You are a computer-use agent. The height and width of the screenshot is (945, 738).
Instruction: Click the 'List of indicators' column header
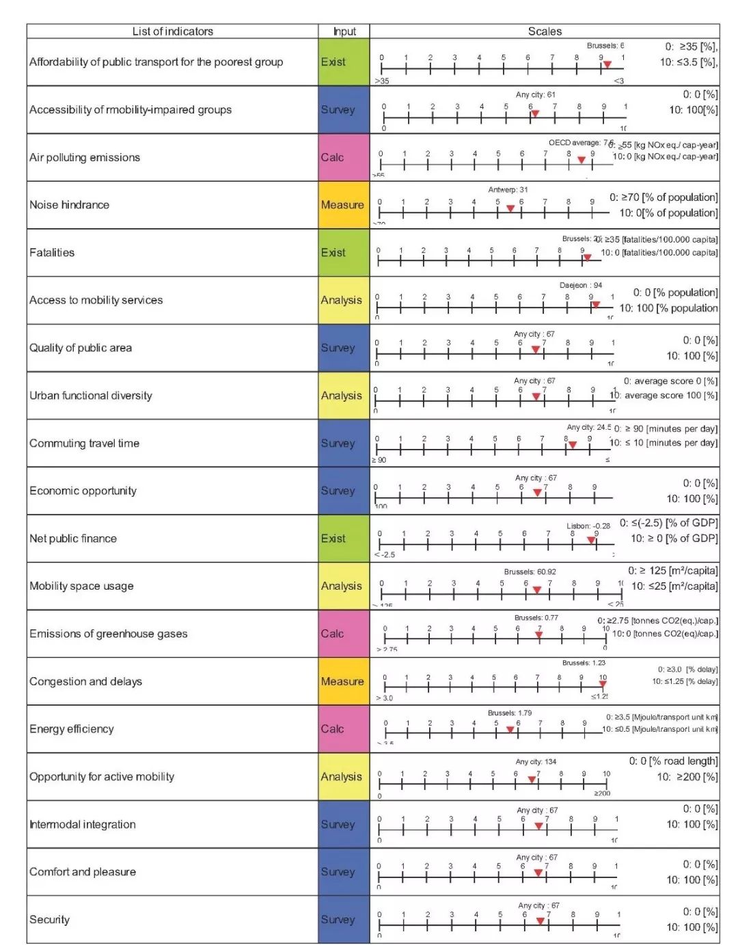click(172, 31)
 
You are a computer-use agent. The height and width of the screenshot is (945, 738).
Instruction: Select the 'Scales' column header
click(545, 31)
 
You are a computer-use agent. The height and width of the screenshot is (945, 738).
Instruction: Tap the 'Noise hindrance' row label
click(69, 205)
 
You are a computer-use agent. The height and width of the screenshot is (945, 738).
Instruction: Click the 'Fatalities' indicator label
click(52, 253)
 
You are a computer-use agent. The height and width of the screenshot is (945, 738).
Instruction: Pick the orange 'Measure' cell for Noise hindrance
click(342, 205)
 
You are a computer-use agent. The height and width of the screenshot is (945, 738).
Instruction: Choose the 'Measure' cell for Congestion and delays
click(342, 681)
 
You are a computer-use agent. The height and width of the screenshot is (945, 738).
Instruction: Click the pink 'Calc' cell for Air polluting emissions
click(342, 157)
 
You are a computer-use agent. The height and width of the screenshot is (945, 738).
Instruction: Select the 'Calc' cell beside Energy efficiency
click(342, 729)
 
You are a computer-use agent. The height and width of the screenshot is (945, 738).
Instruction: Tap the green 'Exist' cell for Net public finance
click(342, 538)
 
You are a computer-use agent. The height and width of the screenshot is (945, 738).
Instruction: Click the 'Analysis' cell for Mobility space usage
click(342, 586)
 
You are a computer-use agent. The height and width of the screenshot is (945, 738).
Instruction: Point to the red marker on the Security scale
click(541, 921)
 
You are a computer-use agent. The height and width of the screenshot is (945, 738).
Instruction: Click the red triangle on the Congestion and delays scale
click(603, 683)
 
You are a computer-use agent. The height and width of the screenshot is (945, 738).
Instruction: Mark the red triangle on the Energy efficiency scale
click(510, 730)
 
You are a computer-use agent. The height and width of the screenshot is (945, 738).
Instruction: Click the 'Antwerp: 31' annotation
click(508, 190)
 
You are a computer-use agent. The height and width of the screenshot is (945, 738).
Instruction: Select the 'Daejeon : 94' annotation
click(581, 285)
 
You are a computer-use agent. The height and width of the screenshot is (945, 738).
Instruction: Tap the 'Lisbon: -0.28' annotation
click(588, 526)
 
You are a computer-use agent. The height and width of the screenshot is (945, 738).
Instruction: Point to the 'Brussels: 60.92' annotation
click(530, 572)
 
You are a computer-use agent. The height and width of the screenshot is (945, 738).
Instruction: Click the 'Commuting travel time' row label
click(84, 443)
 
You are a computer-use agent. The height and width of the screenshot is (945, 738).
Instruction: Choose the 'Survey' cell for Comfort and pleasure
click(342, 872)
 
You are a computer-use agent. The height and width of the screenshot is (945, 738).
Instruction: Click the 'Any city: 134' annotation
click(536, 761)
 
